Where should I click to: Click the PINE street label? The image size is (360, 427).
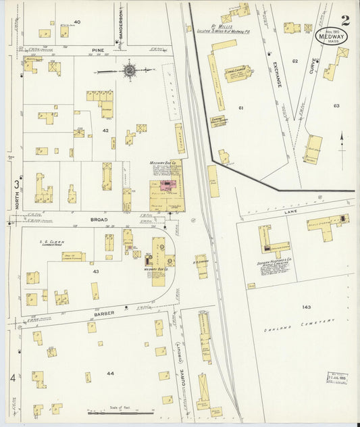coord(99,50)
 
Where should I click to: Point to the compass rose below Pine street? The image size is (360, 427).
coord(128,70)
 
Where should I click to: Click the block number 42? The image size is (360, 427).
coord(105,129)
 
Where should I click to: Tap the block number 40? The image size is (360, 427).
coord(77,22)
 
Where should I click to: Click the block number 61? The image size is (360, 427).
coord(240,107)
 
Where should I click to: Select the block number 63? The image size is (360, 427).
coord(336,106)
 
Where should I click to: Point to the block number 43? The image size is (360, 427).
coord(96,271)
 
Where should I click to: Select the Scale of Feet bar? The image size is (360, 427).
coord(116,412)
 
